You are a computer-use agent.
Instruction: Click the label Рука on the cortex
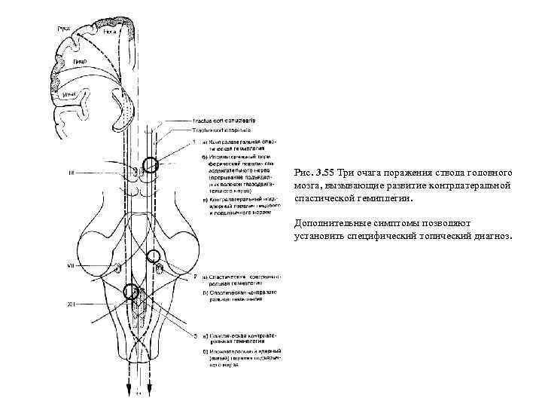coord(63,29)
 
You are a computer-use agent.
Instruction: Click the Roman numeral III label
coord(71,173)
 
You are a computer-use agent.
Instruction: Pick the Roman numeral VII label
coord(70,265)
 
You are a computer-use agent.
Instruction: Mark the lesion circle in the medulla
coord(132,292)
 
